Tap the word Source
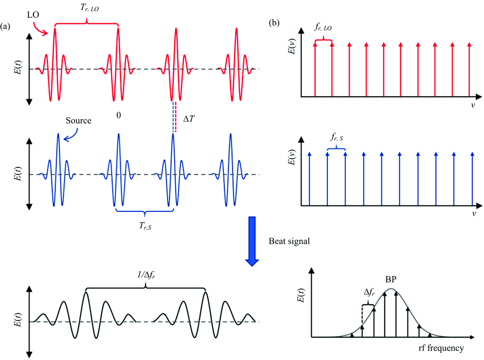(x=78, y=120)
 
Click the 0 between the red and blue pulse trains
(x=119, y=115)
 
